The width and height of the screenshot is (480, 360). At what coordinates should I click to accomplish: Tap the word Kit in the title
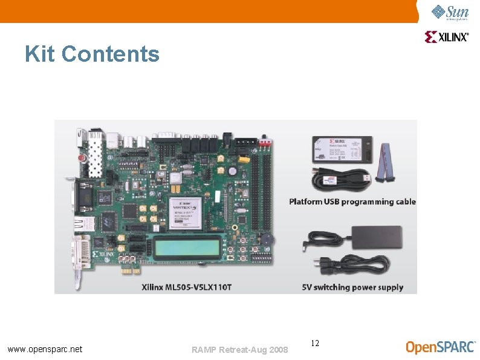pos(40,54)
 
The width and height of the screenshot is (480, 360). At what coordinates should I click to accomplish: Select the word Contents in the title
pos(110,54)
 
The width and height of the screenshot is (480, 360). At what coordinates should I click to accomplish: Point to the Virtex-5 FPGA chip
pos(185,214)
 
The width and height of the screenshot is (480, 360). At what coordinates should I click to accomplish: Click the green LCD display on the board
pos(182,247)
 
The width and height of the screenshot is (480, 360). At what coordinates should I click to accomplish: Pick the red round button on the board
pos(82,157)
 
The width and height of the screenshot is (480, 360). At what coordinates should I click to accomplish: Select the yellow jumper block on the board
pos(244,159)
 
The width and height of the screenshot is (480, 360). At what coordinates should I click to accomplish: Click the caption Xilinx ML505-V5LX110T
pos(186,286)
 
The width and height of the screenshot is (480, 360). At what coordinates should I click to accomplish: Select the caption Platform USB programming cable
pos(352,201)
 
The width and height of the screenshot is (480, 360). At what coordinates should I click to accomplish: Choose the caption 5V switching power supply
pos(352,287)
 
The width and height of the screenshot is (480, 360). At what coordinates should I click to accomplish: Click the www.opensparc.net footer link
pos(45,349)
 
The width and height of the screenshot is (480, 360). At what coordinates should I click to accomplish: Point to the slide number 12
pos(315,344)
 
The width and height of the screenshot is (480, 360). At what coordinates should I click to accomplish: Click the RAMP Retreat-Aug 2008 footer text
pos(239,350)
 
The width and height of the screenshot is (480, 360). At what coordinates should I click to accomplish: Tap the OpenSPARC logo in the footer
pos(440,347)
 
